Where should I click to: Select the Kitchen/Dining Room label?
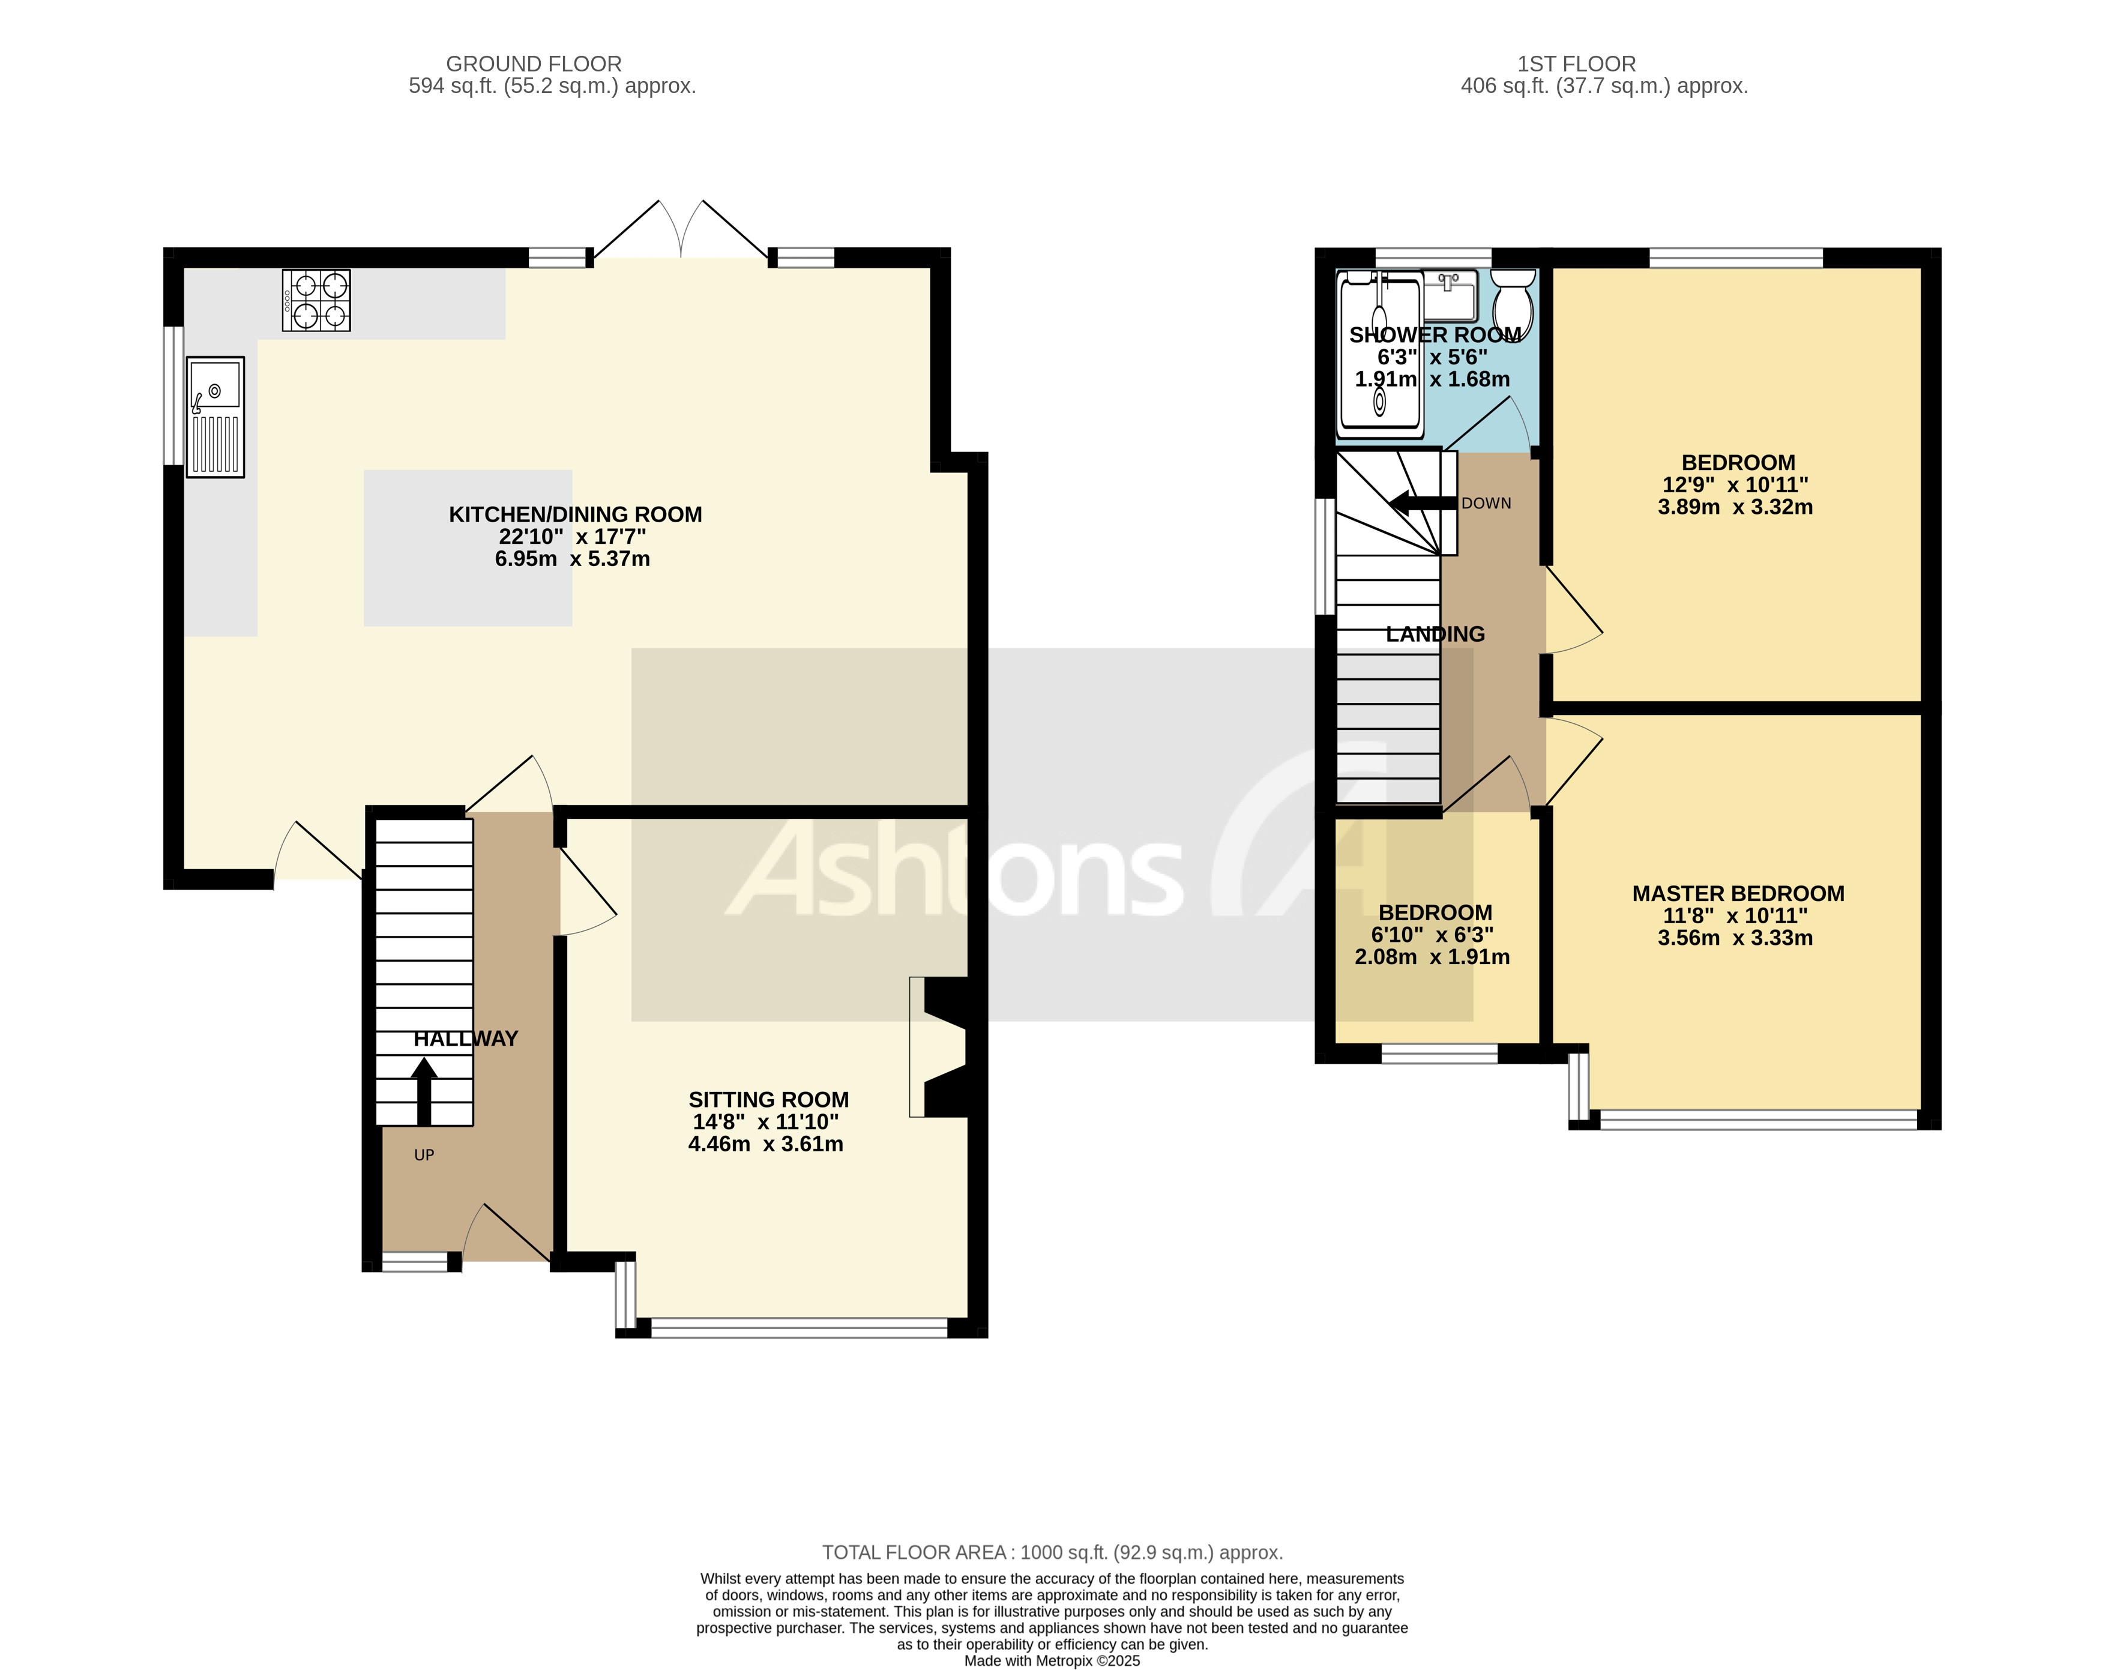(x=575, y=514)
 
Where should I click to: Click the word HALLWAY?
(x=466, y=1039)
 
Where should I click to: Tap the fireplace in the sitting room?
(x=939, y=1047)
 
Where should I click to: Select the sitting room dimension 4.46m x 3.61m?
(x=765, y=1145)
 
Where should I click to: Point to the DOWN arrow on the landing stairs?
(x=1421, y=504)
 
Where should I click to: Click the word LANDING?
(x=1435, y=635)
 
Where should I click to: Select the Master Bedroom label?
(x=1738, y=894)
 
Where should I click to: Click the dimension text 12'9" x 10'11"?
(x=1735, y=486)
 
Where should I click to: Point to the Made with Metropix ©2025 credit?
(x=1052, y=1661)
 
